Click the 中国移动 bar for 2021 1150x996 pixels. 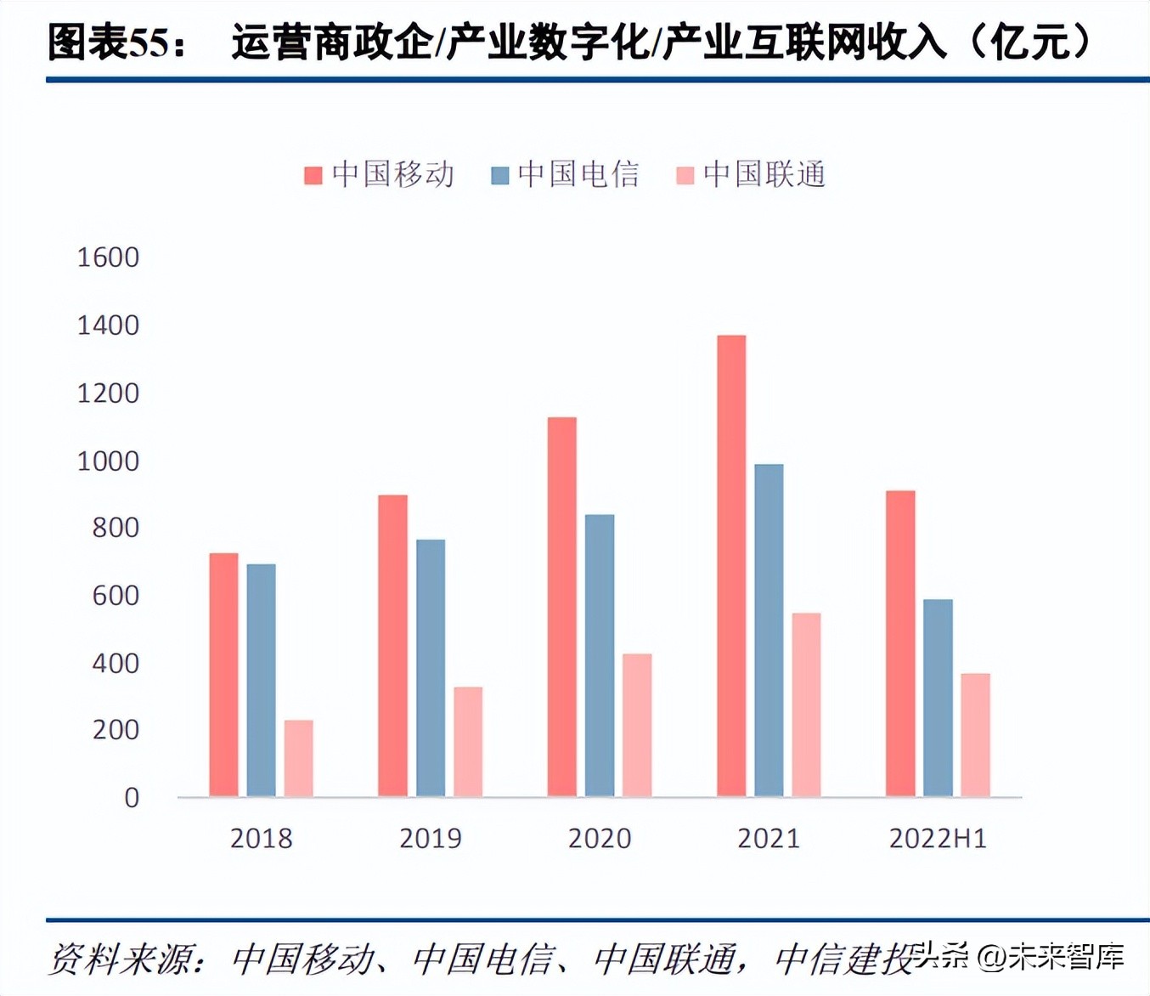(731, 565)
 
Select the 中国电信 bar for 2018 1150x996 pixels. (261, 680)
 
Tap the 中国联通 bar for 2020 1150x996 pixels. (637, 725)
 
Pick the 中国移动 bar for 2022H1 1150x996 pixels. (900, 643)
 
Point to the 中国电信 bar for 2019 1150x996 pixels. (431, 668)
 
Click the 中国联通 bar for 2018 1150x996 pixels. (298, 758)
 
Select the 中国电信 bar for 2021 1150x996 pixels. (769, 630)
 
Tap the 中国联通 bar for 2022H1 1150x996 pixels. (975, 735)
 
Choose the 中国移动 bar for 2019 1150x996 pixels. (392, 646)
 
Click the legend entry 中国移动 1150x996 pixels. (380, 175)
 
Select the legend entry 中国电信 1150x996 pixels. (566, 175)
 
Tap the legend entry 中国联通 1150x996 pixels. (751, 175)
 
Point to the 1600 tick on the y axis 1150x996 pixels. (108, 257)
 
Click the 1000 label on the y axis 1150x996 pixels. (108, 461)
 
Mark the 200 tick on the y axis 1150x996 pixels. (116, 730)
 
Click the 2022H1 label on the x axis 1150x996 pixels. (938, 839)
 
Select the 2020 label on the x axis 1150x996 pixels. (600, 839)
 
